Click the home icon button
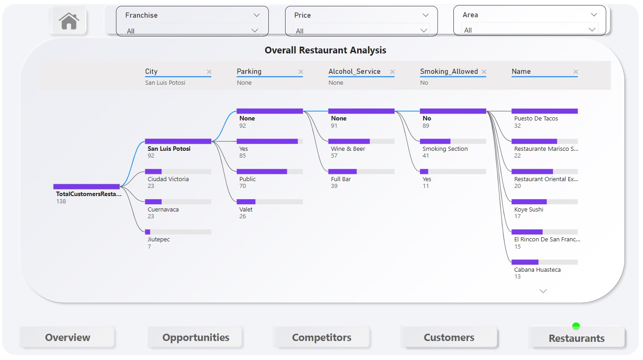[x=69, y=21]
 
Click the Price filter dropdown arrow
[x=424, y=31]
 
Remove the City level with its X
[x=209, y=72]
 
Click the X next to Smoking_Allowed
[x=484, y=72]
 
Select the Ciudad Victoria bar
[x=178, y=172]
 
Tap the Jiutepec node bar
[x=178, y=232]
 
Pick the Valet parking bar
[x=270, y=202]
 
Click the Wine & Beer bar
[x=361, y=141]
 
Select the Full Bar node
[x=361, y=172]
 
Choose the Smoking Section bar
[x=453, y=141]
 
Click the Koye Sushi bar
[x=544, y=202]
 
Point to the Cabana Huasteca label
[x=537, y=270]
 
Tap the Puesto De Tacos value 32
[x=517, y=126]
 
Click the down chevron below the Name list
[x=543, y=291]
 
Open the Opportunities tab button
[x=195, y=337]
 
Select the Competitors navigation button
[x=322, y=337]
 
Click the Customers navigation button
[x=449, y=337]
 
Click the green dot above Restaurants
[x=576, y=326]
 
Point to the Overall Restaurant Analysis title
[x=325, y=50]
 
